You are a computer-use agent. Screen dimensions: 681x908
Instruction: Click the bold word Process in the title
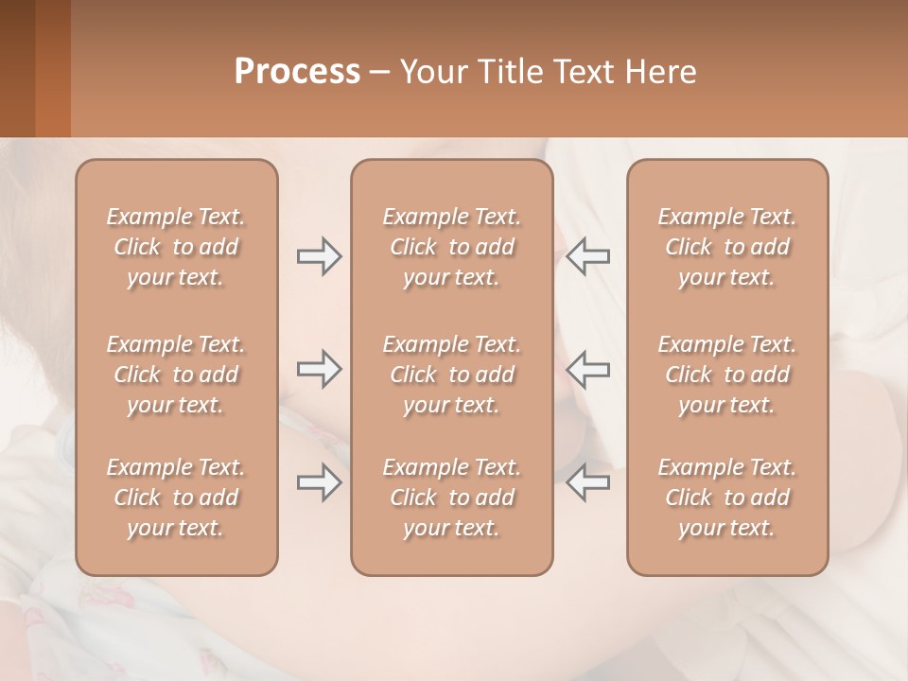pos(297,72)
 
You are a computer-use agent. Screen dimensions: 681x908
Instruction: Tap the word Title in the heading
pos(510,72)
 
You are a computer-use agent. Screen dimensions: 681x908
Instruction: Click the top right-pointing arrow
pos(319,256)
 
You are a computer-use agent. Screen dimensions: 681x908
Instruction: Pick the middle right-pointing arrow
pos(319,369)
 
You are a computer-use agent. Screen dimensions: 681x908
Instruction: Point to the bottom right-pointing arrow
pos(319,482)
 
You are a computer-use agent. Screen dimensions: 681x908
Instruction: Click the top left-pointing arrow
pos(588,256)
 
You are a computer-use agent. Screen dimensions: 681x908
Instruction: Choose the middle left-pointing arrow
pos(588,369)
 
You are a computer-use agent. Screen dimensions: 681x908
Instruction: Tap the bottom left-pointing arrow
pos(588,482)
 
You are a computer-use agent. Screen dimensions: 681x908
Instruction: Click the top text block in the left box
pos(176,247)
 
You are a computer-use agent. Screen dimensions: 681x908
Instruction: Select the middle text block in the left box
pos(176,375)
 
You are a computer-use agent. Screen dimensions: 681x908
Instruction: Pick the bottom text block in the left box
pos(176,498)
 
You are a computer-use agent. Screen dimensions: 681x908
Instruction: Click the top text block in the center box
pos(452,247)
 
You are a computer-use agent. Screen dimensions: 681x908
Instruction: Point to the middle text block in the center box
pos(452,375)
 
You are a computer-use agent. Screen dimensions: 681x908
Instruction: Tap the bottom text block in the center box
pos(452,498)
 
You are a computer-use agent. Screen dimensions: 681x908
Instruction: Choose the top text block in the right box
pos(727,247)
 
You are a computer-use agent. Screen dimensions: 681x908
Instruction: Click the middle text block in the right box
pos(727,375)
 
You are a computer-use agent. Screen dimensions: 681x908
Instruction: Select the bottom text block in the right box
pos(727,498)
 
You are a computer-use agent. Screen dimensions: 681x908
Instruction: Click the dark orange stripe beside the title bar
pos(52,68)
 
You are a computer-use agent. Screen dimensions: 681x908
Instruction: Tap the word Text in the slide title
pos(585,72)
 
